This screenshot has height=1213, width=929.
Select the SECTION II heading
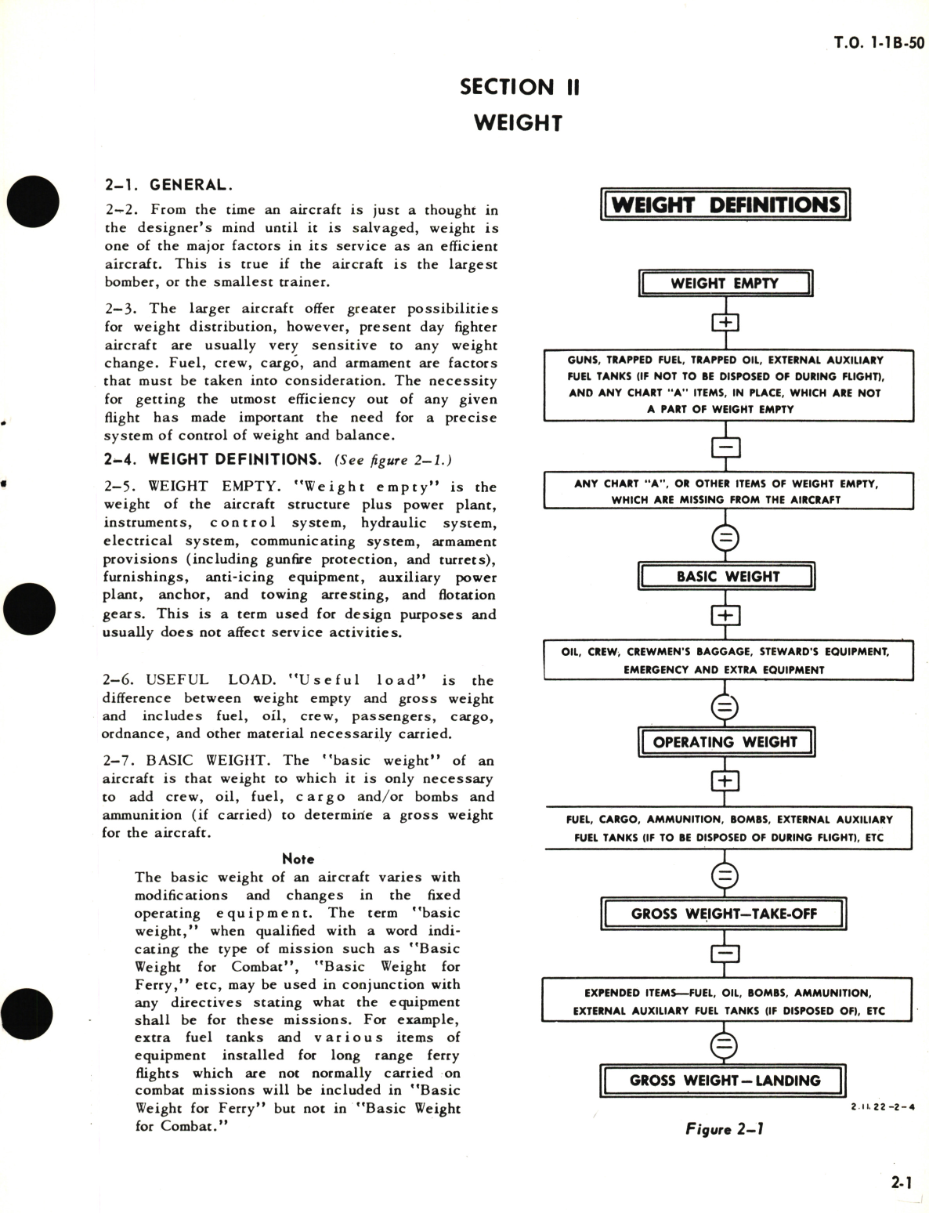pos(519,87)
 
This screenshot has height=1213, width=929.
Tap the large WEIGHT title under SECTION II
pos(519,123)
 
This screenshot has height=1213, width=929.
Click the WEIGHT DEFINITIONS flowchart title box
pos(725,205)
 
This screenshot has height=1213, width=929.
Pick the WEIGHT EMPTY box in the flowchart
pos(725,284)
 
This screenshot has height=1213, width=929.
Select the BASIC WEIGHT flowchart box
pos(727,577)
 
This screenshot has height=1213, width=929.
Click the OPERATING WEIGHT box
pos(725,742)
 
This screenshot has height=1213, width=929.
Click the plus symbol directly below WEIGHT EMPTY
pos(725,323)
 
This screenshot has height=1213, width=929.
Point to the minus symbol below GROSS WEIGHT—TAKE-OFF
pos(725,954)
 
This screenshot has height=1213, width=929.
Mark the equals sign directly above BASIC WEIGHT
pos(725,538)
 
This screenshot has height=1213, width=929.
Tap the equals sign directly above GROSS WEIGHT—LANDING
pos(725,1045)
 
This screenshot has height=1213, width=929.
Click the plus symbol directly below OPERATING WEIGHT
pos(725,781)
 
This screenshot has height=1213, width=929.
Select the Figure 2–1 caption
pos(725,1128)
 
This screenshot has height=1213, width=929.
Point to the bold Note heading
pos(298,859)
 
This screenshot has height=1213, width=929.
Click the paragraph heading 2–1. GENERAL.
pos(168,186)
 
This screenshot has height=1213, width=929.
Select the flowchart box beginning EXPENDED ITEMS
pos(726,1001)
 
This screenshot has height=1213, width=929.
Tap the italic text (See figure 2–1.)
pos(393,460)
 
